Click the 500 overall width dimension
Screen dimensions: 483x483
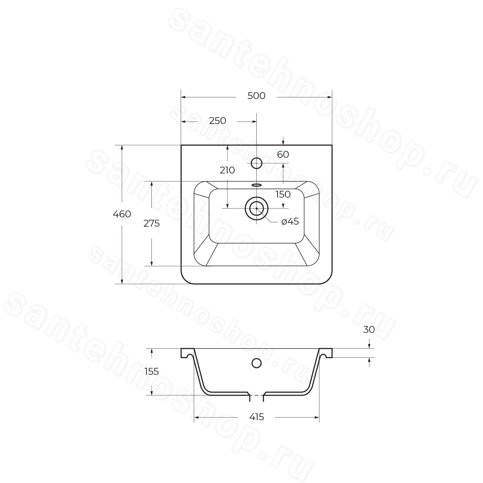coord(256,96)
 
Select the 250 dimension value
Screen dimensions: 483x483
coord(218,121)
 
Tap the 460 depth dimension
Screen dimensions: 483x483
coord(122,214)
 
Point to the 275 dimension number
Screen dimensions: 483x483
coord(151,223)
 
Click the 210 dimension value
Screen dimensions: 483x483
coord(227,170)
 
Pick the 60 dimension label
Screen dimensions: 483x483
coord(283,155)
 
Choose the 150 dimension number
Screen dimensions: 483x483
coord(283,194)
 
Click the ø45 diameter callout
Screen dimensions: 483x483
coord(290,221)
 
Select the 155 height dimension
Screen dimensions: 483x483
coord(151,371)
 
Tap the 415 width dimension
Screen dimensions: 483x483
coord(257,417)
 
